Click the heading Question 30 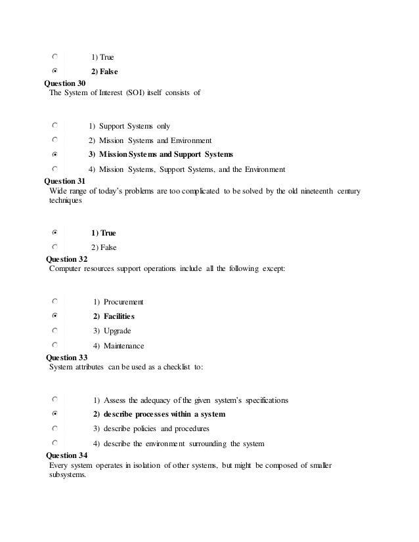pyautogui.click(x=64, y=83)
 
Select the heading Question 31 pyautogui.click(x=64, y=180)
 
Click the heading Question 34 pyautogui.click(x=64, y=455)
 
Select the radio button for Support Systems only pyautogui.click(x=55, y=124)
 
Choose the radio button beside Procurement pyautogui.click(x=55, y=301)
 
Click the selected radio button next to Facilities pyautogui.click(x=55, y=316)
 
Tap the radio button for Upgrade pyautogui.click(x=55, y=330)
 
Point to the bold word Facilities pyautogui.click(x=119, y=317)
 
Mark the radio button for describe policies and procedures pyautogui.click(x=55, y=428)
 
